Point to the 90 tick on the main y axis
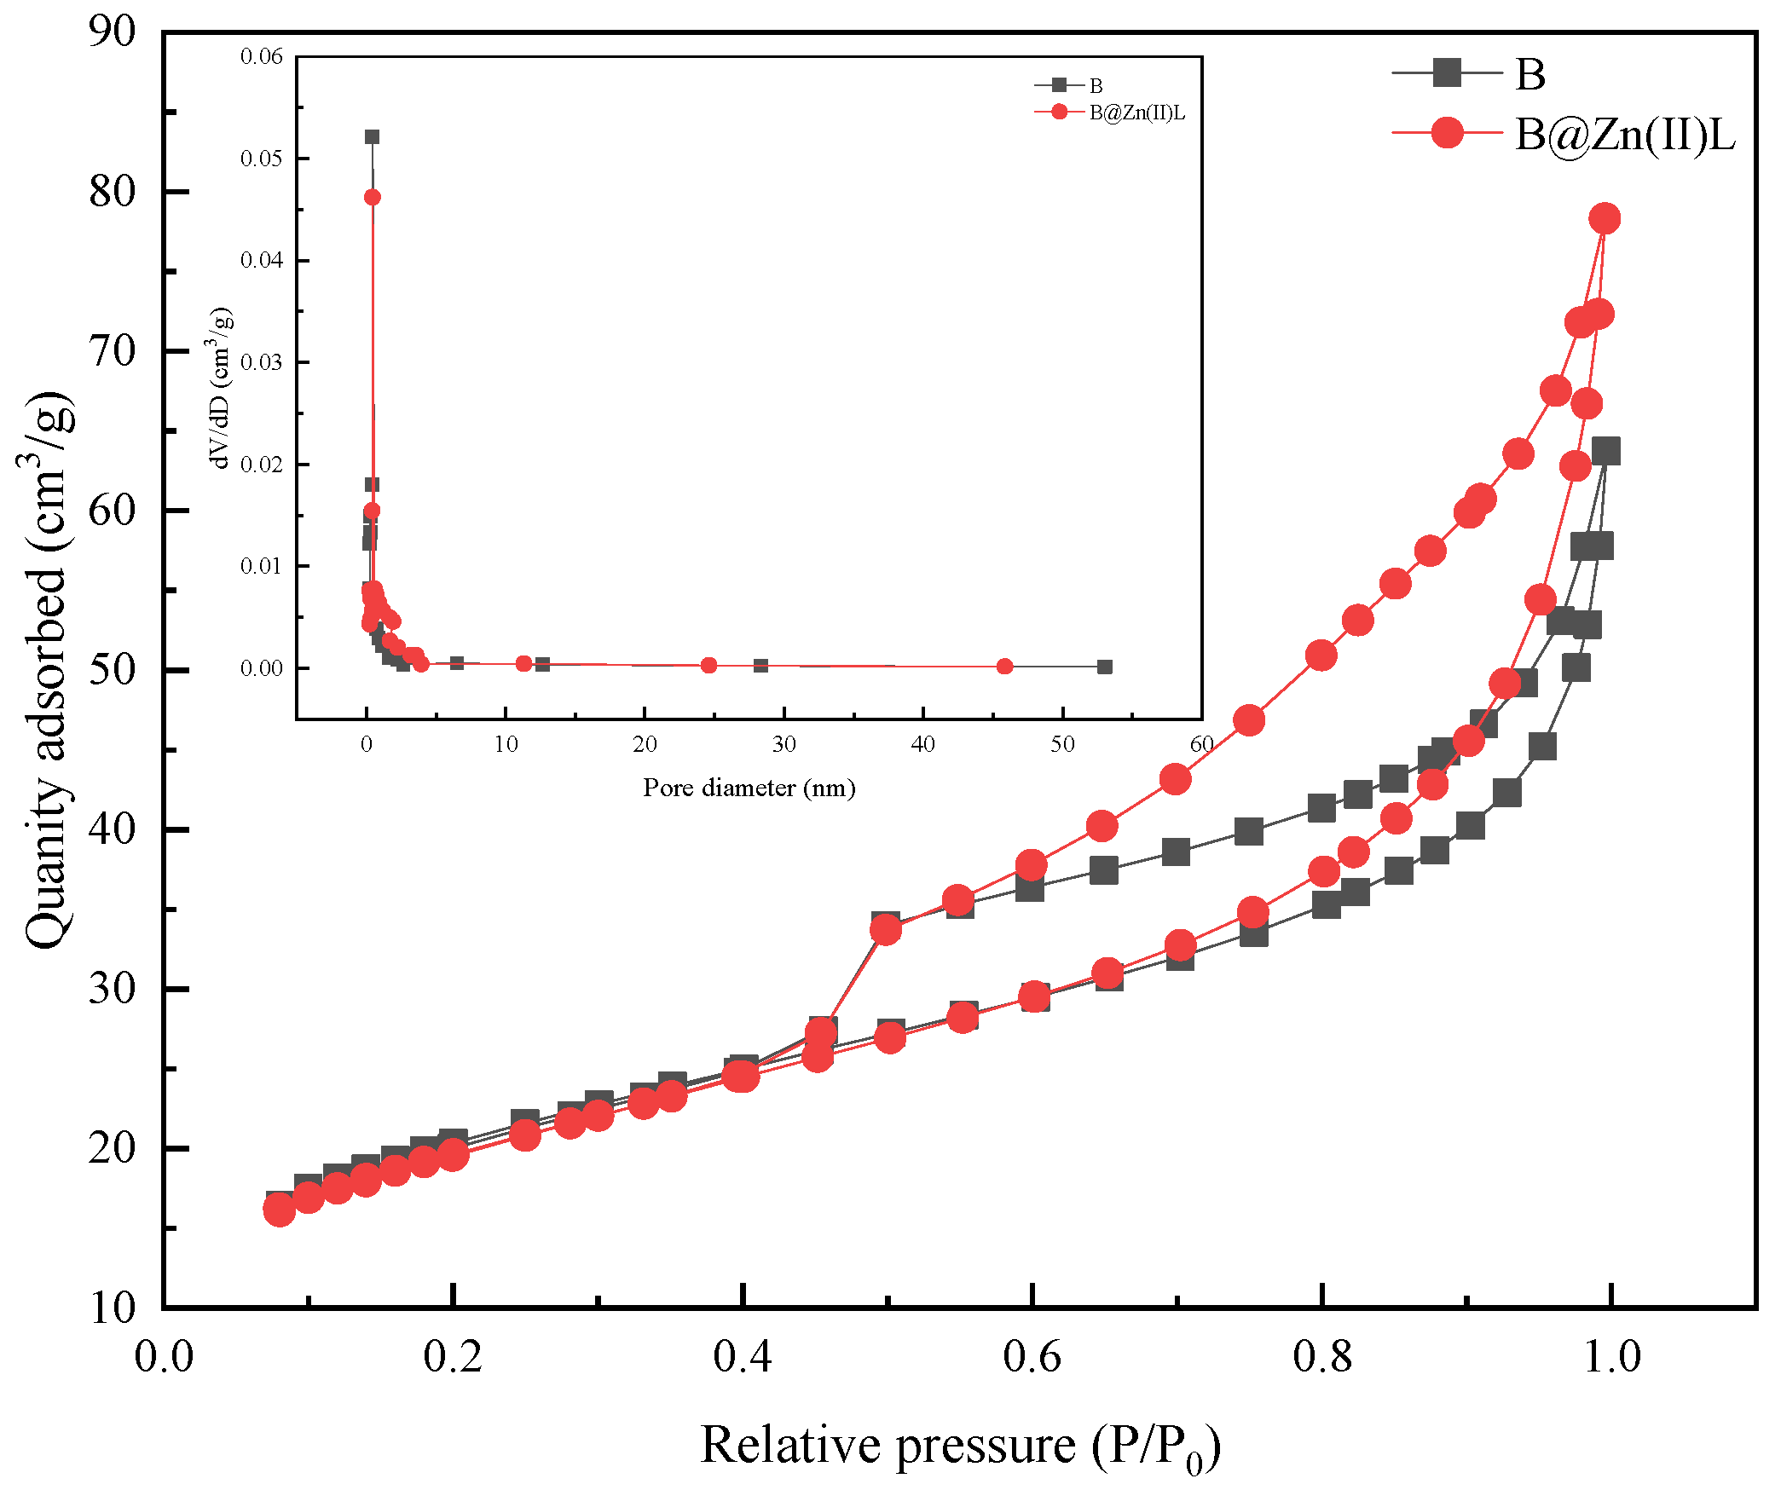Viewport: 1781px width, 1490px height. tap(112, 32)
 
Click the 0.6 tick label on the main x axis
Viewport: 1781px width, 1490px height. tap(1032, 1356)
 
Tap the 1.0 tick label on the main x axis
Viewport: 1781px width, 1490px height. tap(1610, 1356)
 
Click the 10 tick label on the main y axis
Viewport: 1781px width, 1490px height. tap(112, 1308)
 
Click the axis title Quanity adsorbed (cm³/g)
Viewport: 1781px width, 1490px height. tap(47, 670)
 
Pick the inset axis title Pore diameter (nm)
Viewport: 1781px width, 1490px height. tap(749, 788)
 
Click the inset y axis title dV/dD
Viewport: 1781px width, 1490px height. tap(220, 388)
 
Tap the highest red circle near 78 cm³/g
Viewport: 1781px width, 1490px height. tap(1605, 218)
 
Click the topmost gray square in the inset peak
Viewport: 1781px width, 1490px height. tap(373, 137)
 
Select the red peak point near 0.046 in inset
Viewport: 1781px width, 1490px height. tap(373, 197)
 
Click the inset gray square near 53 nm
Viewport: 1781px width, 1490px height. tap(1104, 667)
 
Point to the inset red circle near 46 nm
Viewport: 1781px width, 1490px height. tap(1004, 667)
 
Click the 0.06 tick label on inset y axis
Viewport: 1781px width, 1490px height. tap(261, 56)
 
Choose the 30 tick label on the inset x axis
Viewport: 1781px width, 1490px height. tap(784, 745)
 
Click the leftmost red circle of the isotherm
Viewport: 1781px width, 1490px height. tap(279, 1209)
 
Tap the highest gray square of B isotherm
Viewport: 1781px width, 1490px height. tap(1605, 451)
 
